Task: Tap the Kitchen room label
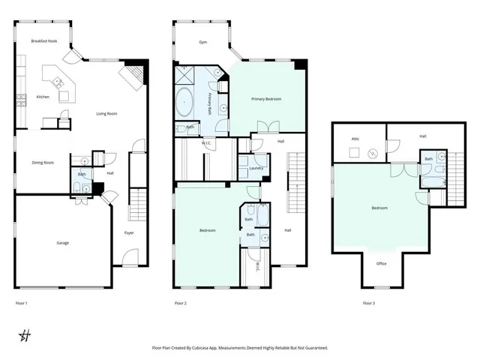(43, 97)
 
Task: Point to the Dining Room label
(43, 162)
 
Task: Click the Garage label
(63, 242)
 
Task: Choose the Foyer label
(128, 233)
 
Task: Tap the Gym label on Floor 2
(202, 43)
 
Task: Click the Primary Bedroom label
(265, 98)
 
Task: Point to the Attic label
(356, 139)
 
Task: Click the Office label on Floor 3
(381, 263)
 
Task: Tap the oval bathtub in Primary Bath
(184, 101)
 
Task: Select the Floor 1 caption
(22, 303)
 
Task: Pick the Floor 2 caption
(180, 303)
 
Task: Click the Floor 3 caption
(368, 303)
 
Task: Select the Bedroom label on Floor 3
(379, 208)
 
